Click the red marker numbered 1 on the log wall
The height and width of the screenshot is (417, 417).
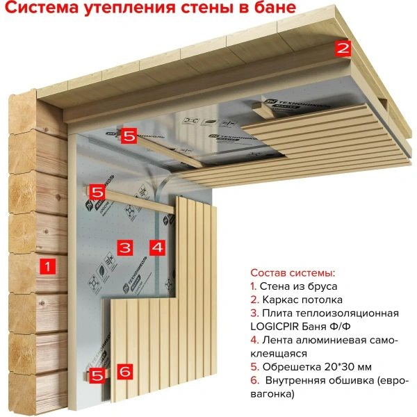tap(47, 265)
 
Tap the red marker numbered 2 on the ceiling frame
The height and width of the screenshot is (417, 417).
tap(343, 48)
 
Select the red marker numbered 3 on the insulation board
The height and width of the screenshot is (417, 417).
tap(124, 247)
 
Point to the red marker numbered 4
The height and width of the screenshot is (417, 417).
tap(157, 247)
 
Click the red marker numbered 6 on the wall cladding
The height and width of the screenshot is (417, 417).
tap(125, 372)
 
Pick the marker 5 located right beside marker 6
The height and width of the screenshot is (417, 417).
tap(98, 375)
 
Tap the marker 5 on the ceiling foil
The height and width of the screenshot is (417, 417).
tap(129, 136)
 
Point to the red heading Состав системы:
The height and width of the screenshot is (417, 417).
tap(293, 272)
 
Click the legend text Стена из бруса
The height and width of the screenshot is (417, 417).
tap(298, 286)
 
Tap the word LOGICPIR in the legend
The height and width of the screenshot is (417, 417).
tap(277, 327)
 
